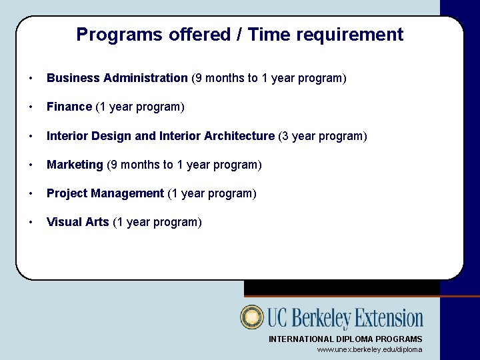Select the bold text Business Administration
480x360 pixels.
point(117,78)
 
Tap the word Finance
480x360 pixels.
point(69,107)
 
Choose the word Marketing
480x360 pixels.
point(75,165)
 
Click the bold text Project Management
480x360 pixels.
point(105,193)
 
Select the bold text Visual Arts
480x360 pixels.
point(78,222)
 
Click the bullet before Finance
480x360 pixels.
point(31,107)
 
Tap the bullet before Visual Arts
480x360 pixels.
point(31,223)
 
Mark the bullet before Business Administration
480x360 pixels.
point(31,79)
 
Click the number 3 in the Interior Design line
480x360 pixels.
point(285,136)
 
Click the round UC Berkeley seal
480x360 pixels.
point(253,317)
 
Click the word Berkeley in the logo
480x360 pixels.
point(318,319)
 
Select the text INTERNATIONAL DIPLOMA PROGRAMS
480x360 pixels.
point(345,339)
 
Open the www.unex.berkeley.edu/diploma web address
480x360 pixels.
point(369,349)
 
